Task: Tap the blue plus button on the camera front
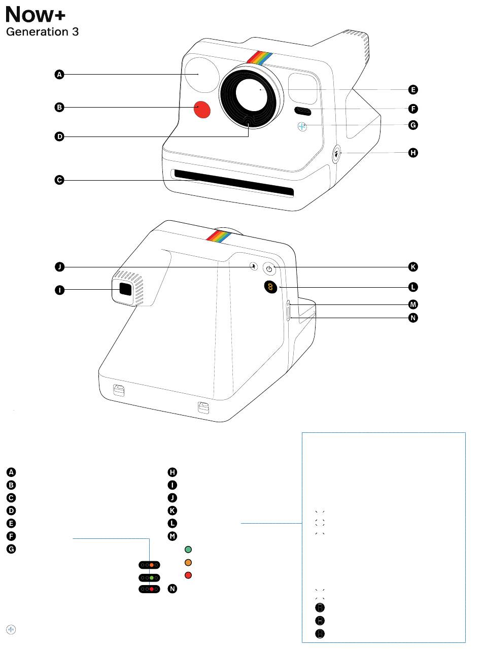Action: point(302,126)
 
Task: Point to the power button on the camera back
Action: point(269,269)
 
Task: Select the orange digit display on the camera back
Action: point(270,287)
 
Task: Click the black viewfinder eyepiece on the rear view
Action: point(125,290)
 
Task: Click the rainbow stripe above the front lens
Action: point(260,57)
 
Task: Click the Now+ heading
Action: point(35,15)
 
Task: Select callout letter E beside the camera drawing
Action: point(414,90)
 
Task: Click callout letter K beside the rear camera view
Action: point(414,266)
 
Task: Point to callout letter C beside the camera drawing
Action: point(59,180)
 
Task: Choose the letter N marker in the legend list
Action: point(173,589)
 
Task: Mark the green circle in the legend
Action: point(188,550)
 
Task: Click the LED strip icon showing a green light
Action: point(150,577)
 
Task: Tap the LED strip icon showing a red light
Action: point(150,589)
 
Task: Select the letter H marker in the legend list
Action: point(173,472)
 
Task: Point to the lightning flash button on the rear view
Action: point(254,266)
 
